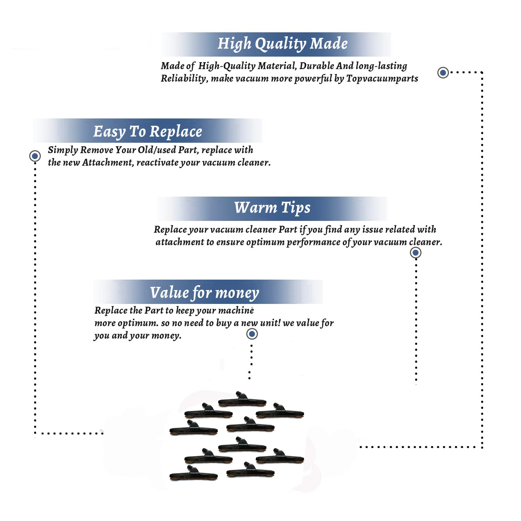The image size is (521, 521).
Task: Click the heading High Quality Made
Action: (282, 44)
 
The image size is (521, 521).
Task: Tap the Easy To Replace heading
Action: (148, 132)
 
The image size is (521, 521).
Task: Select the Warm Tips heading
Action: (272, 208)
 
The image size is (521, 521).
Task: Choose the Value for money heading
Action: (205, 293)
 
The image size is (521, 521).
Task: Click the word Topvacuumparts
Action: (382, 79)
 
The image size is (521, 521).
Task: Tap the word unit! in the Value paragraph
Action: (270, 323)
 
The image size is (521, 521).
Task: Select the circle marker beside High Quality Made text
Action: (443, 73)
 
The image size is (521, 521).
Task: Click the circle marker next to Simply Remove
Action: (35, 156)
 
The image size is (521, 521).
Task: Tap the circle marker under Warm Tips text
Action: (415, 253)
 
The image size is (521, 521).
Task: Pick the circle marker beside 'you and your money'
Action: (252, 334)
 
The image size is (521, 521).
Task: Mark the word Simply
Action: (63, 150)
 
